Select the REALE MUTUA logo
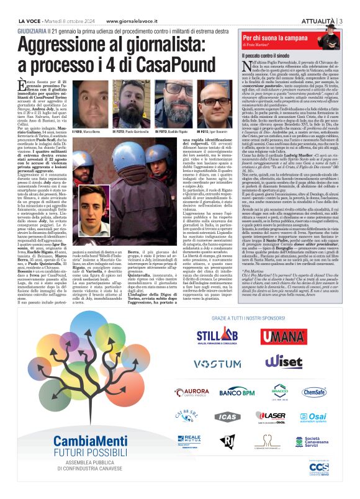click(189, 441)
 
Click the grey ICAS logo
click(228, 416)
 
